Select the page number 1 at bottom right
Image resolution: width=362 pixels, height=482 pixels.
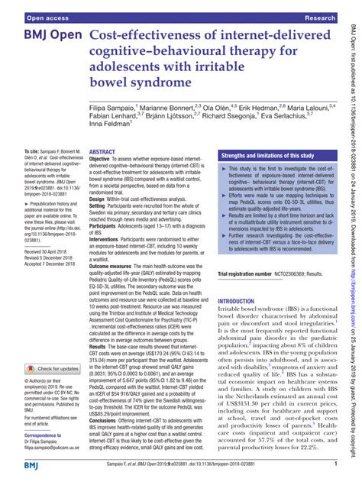[336, 464]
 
